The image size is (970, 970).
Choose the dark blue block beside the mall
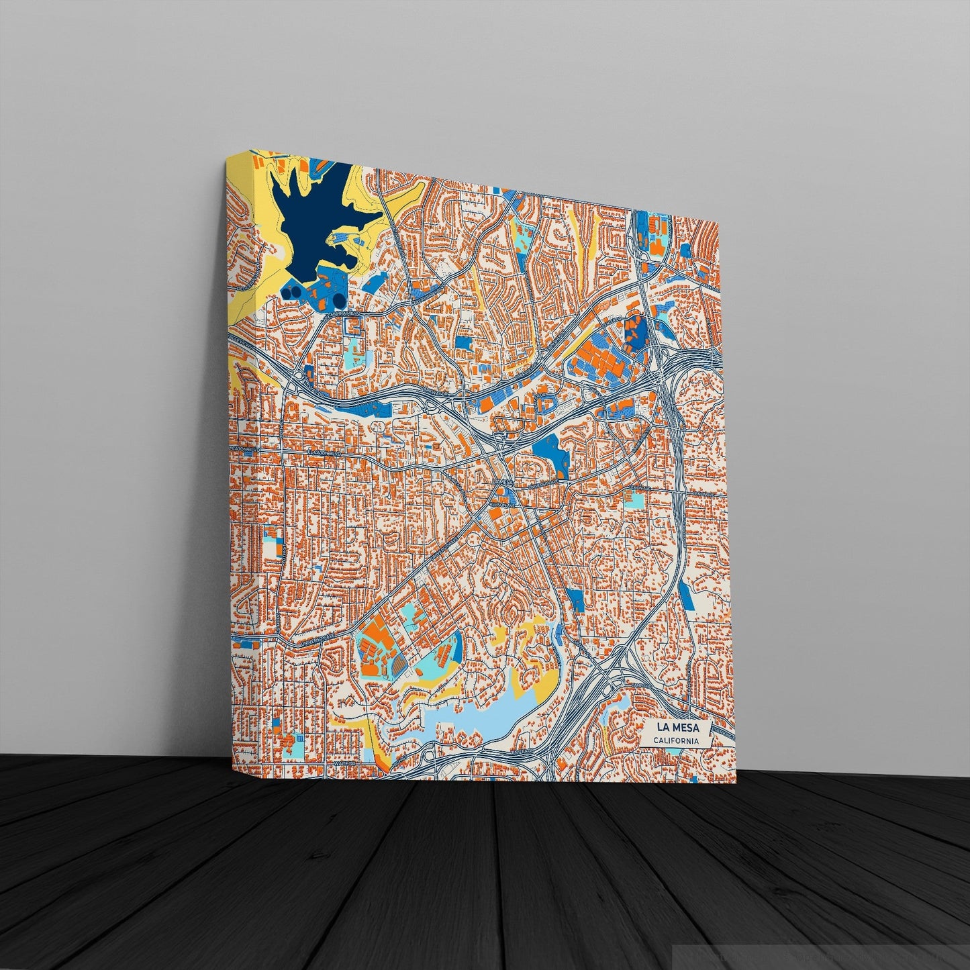click(x=634, y=329)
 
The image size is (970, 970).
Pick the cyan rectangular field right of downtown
click(x=634, y=500)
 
